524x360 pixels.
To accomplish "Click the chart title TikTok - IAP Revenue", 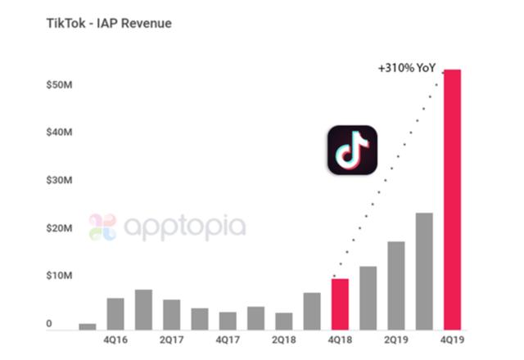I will point(109,23).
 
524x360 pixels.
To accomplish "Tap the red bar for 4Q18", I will point(340,304).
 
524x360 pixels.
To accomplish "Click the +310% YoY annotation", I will point(406,69).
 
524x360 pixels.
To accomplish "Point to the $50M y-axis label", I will point(60,84).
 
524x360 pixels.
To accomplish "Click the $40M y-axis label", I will point(60,132).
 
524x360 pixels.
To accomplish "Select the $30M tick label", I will point(60,180).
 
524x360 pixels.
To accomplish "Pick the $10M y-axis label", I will point(60,276).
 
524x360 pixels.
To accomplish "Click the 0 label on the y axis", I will point(49,324).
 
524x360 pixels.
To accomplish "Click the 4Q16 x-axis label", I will point(115,337).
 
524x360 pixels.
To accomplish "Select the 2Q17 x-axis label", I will point(171,337).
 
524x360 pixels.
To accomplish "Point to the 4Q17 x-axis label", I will point(228,337).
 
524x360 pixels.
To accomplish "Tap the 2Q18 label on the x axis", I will point(284,337).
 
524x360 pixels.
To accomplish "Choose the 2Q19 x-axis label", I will point(396,337).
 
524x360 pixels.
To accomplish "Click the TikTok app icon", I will point(352,150).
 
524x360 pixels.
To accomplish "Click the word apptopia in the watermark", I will point(182,227).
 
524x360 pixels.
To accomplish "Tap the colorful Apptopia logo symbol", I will point(103,227).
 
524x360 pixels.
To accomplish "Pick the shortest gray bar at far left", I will point(88,326).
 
